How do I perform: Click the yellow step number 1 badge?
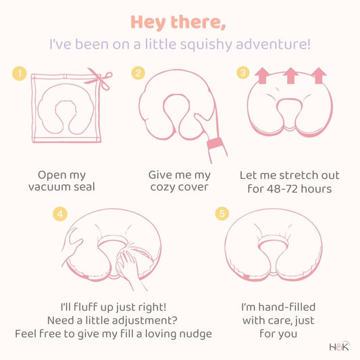point(20,74)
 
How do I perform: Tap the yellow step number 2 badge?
point(138,73)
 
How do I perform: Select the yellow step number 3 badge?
point(243,72)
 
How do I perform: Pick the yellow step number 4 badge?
point(60,214)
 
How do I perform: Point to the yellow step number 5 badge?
point(222,213)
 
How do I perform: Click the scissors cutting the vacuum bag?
point(99,78)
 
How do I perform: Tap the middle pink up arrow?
point(290,76)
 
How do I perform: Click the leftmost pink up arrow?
point(263,76)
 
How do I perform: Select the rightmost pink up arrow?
point(319,76)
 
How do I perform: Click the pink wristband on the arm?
point(215,143)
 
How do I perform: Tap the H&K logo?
point(340,346)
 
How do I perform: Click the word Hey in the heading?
point(148,22)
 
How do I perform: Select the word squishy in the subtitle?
point(206,45)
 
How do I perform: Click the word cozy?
point(162,187)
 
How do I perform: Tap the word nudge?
point(195,334)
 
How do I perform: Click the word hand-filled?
point(287,307)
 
